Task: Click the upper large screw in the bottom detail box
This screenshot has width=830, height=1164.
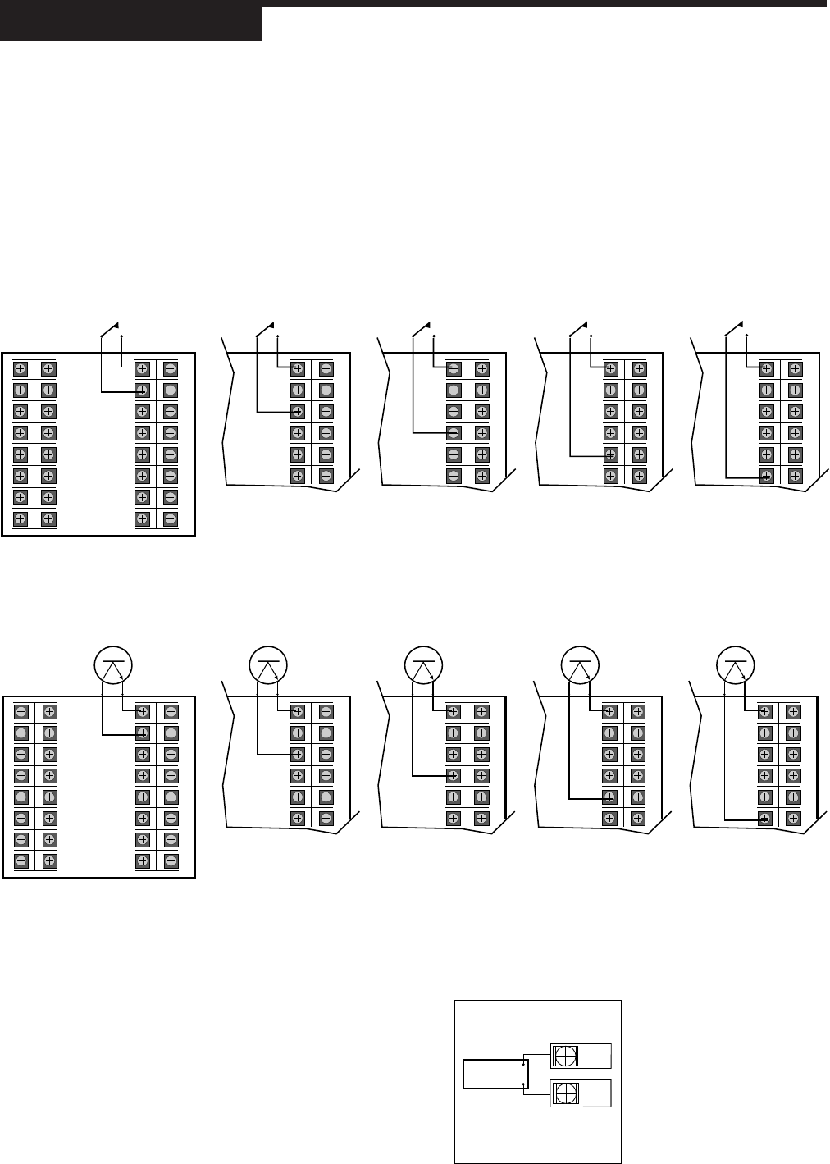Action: coord(565,1056)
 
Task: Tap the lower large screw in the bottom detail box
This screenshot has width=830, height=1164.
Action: coord(565,1093)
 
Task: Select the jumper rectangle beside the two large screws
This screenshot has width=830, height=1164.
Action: coord(495,1075)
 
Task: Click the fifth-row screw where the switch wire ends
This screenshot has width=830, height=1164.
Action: coord(610,454)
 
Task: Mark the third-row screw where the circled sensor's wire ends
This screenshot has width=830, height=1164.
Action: coord(298,755)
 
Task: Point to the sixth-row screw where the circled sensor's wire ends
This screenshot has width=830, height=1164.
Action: coord(764,818)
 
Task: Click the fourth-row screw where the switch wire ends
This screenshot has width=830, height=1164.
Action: coord(454,433)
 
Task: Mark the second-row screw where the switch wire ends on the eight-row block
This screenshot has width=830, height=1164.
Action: coord(142,390)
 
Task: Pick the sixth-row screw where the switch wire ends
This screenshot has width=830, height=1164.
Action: coord(764,476)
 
